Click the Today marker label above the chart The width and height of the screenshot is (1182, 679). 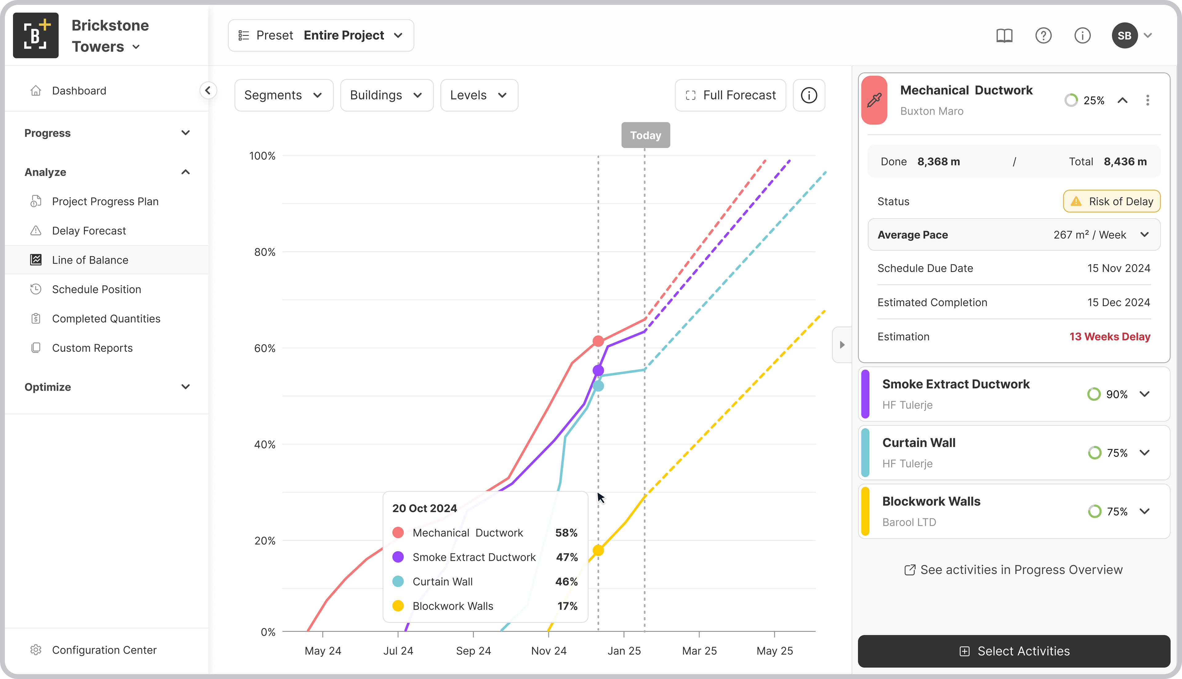pos(645,135)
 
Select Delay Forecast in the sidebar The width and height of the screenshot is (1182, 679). pos(89,231)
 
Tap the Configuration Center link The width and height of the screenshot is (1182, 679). pos(104,650)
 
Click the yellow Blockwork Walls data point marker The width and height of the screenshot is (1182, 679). pos(598,550)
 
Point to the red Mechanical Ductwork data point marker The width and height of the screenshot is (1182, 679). pos(598,341)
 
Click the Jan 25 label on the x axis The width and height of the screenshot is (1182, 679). pos(624,651)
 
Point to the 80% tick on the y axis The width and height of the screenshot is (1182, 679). pos(264,252)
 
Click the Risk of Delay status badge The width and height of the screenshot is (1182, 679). pos(1112,202)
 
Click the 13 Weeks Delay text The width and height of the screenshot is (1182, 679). pos(1110,337)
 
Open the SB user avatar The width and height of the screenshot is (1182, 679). pos(1124,35)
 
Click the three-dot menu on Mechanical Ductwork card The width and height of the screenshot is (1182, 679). pos(1148,100)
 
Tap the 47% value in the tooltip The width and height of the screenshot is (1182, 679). pos(566,557)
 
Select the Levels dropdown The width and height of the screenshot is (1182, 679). pos(479,95)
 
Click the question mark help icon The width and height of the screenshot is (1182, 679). pos(1043,35)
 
